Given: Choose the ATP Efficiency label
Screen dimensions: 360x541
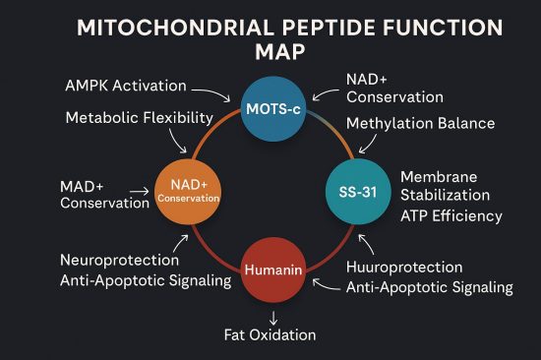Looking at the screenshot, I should tap(451, 215).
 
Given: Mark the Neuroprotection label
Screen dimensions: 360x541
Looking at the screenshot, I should tap(120, 261).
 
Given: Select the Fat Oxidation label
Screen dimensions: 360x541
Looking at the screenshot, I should tap(270, 334).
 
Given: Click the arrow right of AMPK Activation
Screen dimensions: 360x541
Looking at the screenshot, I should tap(206, 87).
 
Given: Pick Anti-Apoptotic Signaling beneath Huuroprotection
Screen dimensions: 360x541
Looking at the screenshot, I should tap(430, 287).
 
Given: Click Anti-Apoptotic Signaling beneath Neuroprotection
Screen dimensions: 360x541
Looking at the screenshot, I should tap(146, 281).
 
